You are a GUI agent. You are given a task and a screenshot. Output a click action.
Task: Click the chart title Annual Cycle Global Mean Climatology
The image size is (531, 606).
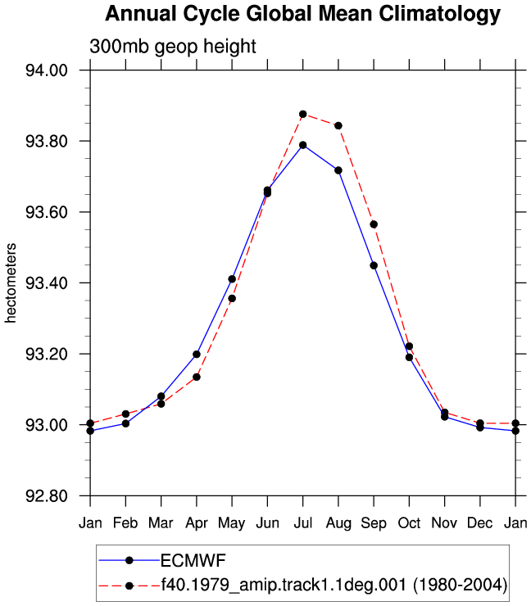[x=303, y=14]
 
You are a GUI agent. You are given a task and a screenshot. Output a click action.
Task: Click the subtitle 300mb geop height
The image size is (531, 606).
[x=172, y=47]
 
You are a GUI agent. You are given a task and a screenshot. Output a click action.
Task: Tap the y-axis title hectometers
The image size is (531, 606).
[x=11, y=283]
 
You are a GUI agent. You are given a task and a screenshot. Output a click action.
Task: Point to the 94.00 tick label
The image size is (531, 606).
[x=47, y=70]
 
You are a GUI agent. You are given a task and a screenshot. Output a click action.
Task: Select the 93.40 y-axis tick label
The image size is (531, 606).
[x=47, y=283]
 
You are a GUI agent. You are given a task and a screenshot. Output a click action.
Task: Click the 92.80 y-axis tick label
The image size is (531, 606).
[x=47, y=495]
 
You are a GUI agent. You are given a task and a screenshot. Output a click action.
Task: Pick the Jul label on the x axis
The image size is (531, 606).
[x=303, y=523]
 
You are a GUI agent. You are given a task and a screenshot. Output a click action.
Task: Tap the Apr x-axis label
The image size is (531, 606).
[x=197, y=523]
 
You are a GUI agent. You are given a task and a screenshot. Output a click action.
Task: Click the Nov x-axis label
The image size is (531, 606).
[x=444, y=523]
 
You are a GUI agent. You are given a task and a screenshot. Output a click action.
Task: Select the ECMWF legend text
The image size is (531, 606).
[x=193, y=561]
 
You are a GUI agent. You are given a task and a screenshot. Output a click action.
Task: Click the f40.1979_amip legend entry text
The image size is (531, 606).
[x=334, y=586]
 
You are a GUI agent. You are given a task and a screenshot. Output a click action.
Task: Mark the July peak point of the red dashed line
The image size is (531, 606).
[x=303, y=115]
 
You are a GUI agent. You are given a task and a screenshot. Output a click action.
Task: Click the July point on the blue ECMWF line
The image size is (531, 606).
[x=303, y=145]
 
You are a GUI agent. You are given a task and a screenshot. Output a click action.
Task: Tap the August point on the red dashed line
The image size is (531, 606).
[x=338, y=125]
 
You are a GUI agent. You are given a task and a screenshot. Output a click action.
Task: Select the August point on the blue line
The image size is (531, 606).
[x=338, y=170]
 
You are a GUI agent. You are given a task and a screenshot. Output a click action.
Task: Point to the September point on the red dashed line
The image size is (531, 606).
[x=374, y=224]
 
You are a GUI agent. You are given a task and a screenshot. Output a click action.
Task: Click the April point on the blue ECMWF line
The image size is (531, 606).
[x=197, y=355]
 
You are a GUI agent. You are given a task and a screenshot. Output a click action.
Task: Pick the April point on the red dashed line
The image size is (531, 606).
[x=197, y=378]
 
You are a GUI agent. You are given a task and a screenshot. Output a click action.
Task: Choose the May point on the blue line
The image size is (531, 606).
[x=232, y=279]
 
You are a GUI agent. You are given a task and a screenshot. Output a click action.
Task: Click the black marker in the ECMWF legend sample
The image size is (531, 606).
[x=129, y=560]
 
